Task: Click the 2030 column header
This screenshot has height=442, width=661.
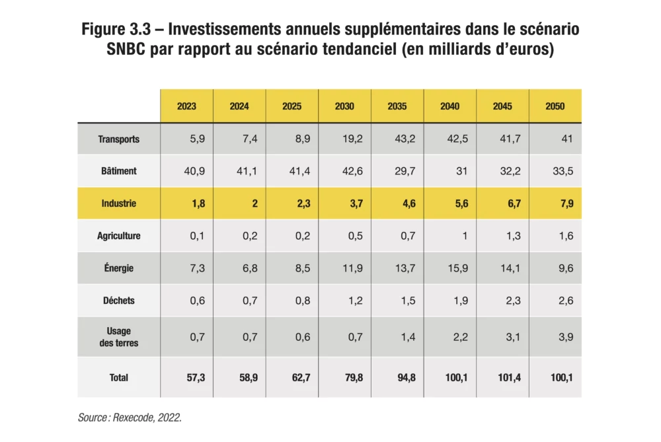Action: click(344, 106)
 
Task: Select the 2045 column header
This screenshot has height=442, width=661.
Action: click(502, 106)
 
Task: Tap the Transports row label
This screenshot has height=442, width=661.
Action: click(118, 139)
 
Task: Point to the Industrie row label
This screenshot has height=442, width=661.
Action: click(118, 203)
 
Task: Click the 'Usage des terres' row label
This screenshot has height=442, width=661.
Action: click(118, 337)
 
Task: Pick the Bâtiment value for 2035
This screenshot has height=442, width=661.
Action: click(405, 171)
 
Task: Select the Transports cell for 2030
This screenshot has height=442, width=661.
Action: click(352, 139)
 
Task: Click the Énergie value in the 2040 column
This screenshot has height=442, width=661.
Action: click(457, 268)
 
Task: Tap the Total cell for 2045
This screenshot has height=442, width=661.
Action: click(509, 377)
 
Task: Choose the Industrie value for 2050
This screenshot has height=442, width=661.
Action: click(566, 203)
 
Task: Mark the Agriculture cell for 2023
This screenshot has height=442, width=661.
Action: click(197, 236)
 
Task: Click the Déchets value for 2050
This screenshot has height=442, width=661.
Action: click(566, 301)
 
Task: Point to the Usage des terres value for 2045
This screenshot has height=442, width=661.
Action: click(514, 337)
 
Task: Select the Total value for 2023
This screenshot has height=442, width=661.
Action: click(196, 377)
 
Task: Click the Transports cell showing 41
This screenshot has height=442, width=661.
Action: click(567, 139)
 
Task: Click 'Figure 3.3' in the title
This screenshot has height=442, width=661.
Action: click(116, 29)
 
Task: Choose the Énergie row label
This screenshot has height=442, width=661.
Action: click(118, 268)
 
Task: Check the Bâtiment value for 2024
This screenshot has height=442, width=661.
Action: click(247, 171)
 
